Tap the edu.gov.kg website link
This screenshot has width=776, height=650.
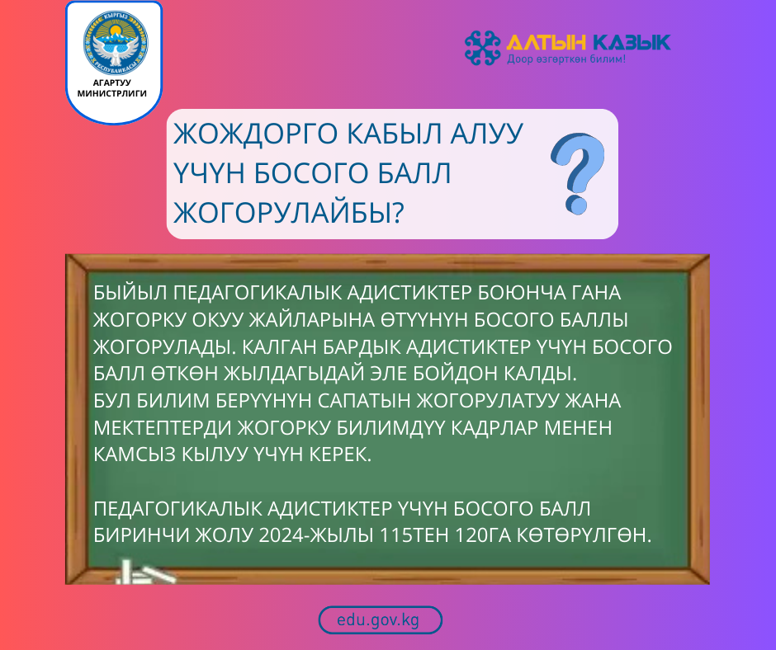[380, 620]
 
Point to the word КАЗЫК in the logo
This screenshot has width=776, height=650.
[628, 42]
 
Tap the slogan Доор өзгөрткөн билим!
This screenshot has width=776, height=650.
[565, 60]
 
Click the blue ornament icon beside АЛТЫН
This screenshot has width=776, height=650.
[483, 47]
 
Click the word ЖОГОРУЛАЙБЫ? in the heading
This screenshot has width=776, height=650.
[289, 212]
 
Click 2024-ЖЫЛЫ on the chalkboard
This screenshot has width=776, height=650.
[316, 535]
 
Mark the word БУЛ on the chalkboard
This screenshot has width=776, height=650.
[112, 401]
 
